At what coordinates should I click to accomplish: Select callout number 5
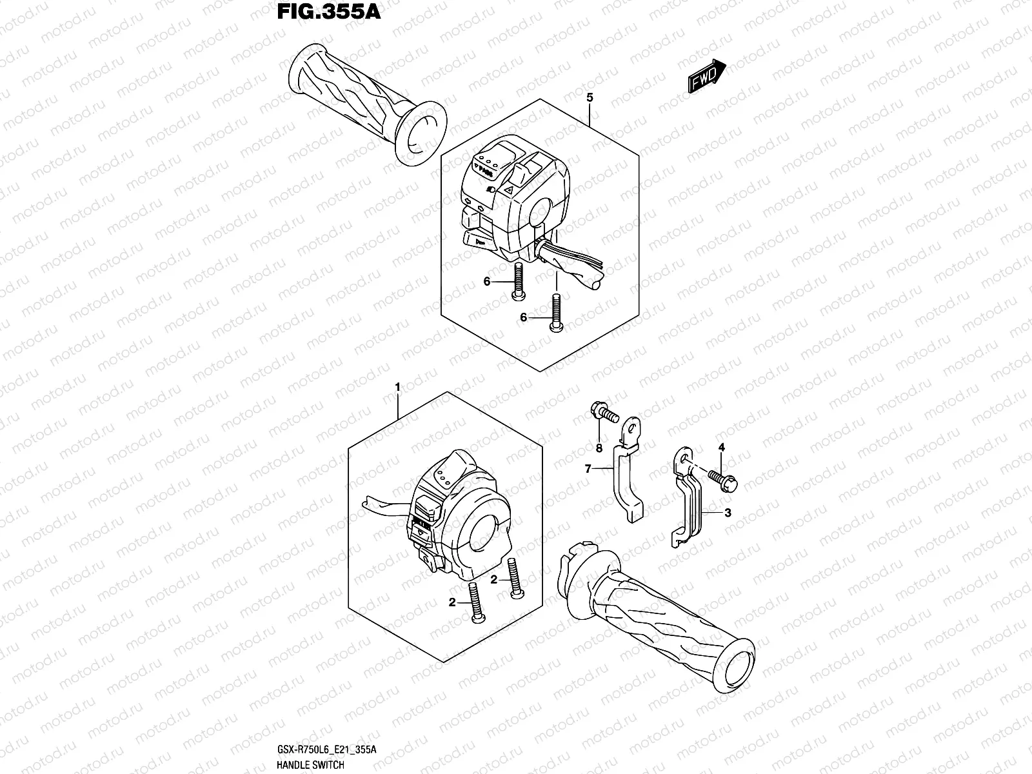589,98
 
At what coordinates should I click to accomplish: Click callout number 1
398,386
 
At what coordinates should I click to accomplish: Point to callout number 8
599,448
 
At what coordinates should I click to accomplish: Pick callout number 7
588,469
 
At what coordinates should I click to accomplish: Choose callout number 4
722,447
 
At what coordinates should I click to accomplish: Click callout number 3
727,513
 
